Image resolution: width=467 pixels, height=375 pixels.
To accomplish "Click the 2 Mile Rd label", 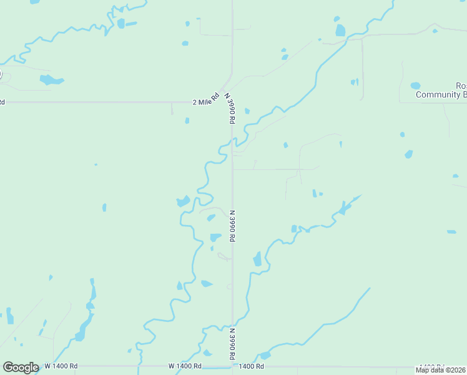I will tap(205, 101).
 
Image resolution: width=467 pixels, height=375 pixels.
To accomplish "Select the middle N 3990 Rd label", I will tap(233, 225).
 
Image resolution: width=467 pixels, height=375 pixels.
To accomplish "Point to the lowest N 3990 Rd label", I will tap(232, 343).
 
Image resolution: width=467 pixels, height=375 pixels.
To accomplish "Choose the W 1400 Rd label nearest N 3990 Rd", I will tap(185, 366).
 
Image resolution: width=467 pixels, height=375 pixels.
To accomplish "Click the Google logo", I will tap(21, 367).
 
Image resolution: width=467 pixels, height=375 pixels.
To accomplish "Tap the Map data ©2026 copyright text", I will tap(441, 370).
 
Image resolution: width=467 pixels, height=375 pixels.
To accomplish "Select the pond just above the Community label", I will tap(415, 86).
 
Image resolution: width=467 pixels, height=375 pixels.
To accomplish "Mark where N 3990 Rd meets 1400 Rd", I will tap(233, 366).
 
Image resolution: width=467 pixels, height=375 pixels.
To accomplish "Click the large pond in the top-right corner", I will tap(340, 30).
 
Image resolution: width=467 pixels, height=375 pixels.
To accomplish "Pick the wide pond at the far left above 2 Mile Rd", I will tap(51, 79).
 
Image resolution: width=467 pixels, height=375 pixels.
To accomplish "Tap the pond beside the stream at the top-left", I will tap(121, 24).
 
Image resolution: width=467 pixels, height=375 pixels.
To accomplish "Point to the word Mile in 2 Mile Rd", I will tap(204, 101).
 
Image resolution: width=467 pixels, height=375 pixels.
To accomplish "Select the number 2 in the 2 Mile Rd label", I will tap(194, 102).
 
